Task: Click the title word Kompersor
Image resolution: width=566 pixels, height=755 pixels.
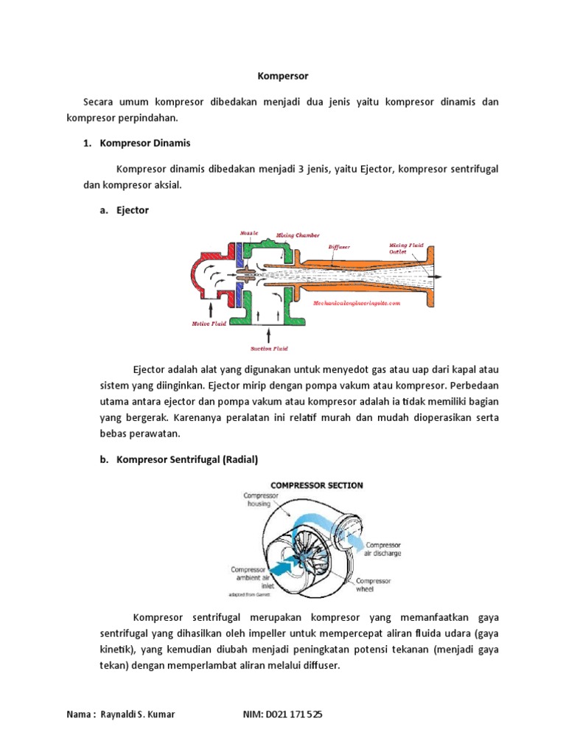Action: (283, 76)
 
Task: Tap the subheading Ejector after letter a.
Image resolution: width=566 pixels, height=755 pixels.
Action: (133, 210)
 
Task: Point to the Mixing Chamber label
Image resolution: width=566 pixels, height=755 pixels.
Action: (298, 236)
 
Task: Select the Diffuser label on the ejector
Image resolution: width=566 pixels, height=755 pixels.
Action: (340, 247)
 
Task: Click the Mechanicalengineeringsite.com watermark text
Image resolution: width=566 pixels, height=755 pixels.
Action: (356, 302)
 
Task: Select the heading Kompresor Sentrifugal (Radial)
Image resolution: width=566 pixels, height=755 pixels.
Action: (187, 459)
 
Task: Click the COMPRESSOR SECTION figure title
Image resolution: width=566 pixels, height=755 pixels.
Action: (316, 485)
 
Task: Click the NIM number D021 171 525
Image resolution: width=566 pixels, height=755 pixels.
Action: (293, 715)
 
